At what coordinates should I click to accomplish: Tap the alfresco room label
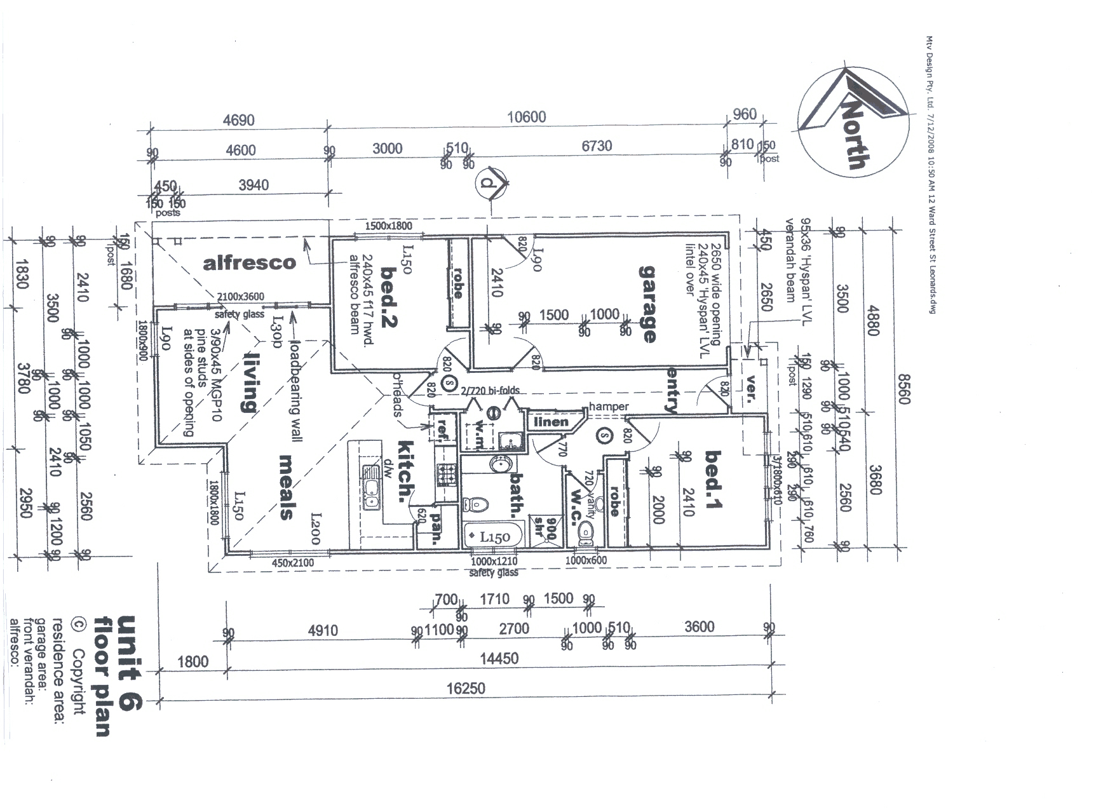(249, 262)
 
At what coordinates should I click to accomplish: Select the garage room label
(647, 304)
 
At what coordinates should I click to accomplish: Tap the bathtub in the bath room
(493, 536)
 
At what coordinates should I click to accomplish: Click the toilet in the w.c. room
(585, 534)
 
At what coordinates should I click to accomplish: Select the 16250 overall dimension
(466, 689)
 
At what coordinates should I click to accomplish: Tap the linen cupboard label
(550, 422)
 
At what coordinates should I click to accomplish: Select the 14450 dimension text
(498, 658)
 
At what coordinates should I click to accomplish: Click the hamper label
(609, 407)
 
